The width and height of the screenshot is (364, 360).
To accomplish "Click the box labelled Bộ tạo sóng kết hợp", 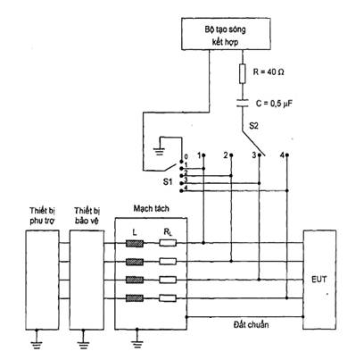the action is (x=226, y=33).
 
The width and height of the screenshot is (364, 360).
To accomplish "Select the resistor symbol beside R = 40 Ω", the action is (x=243, y=73).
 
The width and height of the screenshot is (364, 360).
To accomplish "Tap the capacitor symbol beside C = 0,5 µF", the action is (x=243, y=103).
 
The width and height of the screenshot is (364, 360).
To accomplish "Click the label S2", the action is (x=253, y=126).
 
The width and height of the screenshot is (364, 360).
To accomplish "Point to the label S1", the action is (x=168, y=181).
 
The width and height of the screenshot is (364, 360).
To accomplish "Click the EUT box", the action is (x=319, y=280).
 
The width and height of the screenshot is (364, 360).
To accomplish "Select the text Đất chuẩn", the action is (x=251, y=324).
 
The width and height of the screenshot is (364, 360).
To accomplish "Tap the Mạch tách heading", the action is (x=151, y=209).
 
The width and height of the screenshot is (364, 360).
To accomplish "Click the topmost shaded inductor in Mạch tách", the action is (x=135, y=244).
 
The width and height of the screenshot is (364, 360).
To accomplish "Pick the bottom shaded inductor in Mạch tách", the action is (x=135, y=298).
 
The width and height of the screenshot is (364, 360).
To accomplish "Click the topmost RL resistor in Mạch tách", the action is (x=168, y=243).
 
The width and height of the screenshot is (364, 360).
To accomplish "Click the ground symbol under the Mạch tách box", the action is (x=137, y=339).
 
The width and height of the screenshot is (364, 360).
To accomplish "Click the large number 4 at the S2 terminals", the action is (x=282, y=155).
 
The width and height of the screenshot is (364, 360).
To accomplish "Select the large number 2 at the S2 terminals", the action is (x=226, y=155).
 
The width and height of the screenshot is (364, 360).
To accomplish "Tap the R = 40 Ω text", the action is (x=269, y=72).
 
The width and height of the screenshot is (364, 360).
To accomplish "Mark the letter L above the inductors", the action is (x=135, y=232).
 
